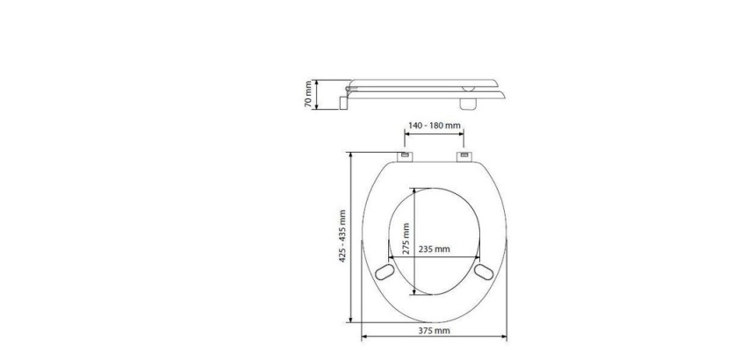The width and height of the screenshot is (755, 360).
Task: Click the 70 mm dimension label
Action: [309, 95]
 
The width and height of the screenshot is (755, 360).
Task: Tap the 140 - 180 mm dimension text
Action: [435, 126]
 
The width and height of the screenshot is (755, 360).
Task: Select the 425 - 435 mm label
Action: [343, 236]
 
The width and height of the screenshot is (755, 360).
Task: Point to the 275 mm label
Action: [406, 238]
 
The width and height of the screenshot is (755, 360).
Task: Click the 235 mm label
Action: [434, 248]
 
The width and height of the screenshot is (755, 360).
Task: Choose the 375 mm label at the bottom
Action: [434, 331]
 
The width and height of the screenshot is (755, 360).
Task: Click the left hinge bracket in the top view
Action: [405, 156]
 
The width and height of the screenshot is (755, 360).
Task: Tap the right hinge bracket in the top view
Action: [464, 156]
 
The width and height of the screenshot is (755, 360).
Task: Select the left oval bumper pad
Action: [385, 272]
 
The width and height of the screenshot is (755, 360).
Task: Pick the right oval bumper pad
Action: [484, 272]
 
